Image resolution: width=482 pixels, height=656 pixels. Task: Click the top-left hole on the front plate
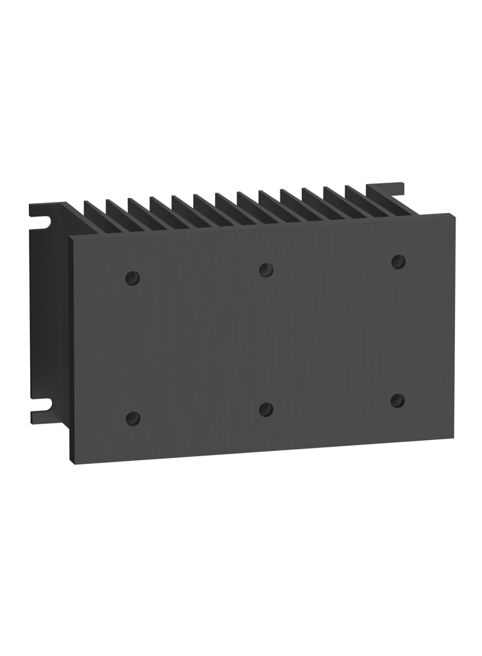[132, 278]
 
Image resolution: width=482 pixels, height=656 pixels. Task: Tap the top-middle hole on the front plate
[266, 269]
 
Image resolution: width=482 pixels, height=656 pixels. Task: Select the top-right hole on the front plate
[398, 262]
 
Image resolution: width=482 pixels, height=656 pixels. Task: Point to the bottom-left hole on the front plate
[132, 418]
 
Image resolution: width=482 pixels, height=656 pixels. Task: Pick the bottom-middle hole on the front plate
[266, 409]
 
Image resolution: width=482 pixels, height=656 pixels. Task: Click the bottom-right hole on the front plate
[398, 401]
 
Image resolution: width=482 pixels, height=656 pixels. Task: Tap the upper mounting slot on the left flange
[41, 220]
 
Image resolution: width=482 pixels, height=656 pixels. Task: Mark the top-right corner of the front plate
[453, 214]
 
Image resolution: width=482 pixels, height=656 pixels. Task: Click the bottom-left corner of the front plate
[74, 463]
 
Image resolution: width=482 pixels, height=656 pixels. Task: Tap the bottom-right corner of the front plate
[453, 438]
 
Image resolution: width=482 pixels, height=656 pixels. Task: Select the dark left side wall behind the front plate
[52, 320]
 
